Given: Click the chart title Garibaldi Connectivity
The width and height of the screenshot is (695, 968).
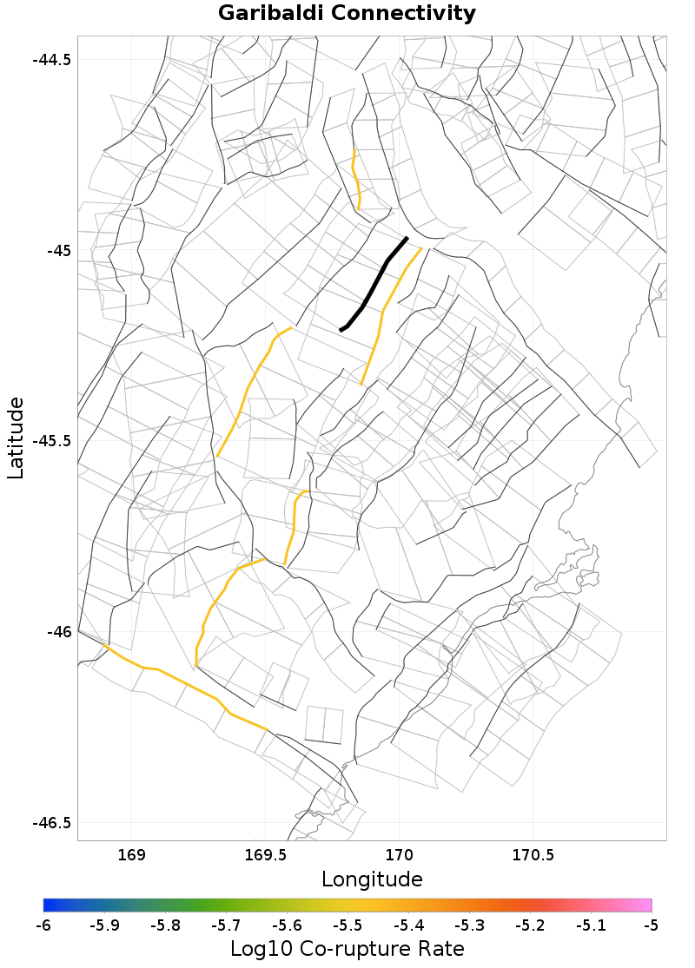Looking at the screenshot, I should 347,14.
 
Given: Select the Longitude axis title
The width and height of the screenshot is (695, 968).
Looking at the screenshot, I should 372,879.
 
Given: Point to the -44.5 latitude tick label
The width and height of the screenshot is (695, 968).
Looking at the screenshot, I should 51,60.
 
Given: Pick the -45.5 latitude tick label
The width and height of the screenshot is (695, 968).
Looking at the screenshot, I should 51,441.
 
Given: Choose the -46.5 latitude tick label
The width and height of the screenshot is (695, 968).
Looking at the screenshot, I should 51,822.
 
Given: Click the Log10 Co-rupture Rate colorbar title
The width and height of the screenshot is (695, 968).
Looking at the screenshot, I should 347,949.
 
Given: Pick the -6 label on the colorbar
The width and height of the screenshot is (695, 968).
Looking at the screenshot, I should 43,925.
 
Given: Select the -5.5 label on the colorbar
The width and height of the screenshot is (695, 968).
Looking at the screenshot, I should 347,925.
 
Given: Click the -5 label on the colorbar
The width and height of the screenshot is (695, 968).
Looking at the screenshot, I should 651,925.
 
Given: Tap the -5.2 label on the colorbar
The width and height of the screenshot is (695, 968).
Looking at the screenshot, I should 530,925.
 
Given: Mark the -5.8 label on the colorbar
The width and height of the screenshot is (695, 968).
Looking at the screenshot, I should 165,925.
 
